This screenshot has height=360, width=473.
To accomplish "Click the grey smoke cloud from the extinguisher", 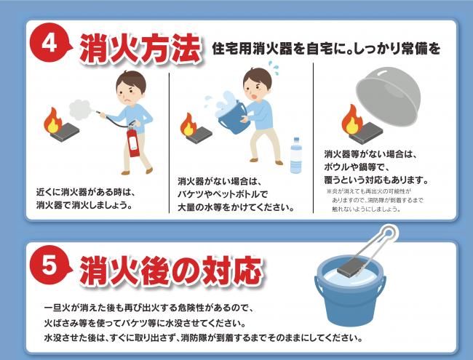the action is pos(79,110).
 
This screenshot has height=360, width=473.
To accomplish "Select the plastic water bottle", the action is pos(296,156).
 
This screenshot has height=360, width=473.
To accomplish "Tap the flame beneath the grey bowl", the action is pos(351,120).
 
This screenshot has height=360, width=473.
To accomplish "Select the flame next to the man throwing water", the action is pos(188,124).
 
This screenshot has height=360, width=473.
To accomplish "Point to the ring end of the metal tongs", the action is pos(389,233).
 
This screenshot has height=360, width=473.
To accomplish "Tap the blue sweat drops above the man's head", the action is pos(273,66).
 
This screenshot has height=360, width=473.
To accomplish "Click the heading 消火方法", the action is pos(140,48).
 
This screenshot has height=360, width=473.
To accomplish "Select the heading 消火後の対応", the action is pos(171,271).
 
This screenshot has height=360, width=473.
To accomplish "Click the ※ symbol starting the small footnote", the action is pos(329,191).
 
